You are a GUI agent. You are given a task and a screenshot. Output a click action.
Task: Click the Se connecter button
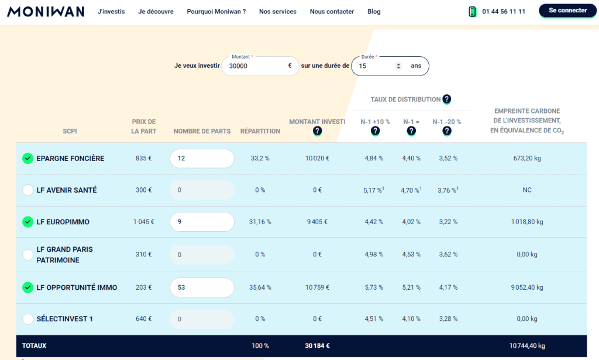(568, 11)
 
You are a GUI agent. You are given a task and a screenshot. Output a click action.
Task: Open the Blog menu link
(374, 12)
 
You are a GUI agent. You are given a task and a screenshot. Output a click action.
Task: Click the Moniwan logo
(46, 12)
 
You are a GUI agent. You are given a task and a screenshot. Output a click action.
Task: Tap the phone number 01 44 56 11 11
(504, 12)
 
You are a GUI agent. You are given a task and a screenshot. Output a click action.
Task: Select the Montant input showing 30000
(254, 66)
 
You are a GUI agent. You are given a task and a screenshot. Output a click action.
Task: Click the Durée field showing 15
(374, 66)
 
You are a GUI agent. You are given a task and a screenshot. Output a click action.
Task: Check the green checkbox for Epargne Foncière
(27, 158)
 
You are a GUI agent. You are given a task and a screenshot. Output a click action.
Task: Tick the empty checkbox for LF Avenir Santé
(27, 190)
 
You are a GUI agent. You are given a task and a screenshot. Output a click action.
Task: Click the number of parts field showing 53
(202, 287)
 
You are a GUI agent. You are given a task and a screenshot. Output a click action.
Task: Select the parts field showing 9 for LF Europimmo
(202, 222)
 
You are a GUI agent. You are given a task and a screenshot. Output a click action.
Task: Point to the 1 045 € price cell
(144, 222)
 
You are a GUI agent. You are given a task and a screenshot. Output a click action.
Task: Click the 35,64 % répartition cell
(260, 287)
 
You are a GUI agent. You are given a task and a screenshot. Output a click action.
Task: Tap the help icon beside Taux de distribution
(447, 99)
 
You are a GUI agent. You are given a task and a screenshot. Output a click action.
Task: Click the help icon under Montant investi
(317, 131)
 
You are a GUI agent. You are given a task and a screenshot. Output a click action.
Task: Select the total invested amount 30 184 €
(317, 346)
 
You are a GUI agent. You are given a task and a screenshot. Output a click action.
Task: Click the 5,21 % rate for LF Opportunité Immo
(411, 287)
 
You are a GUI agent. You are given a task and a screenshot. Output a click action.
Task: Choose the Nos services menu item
(277, 12)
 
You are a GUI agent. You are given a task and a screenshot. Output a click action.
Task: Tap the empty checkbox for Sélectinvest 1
(27, 319)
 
